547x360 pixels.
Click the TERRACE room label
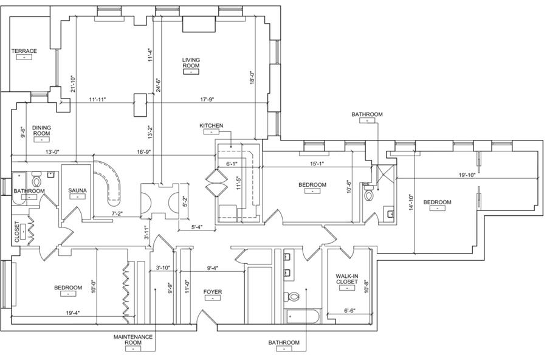pyautogui.click(x=24, y=51)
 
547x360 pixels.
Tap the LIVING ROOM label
pyautogui.click(x=191, y=63)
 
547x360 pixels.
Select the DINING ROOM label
pyautogui.click(x=41, y=130)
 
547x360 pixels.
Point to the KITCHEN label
pyautogui.click(x=211, y=126)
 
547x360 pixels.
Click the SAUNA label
pyautogui.click(x=77, y=191)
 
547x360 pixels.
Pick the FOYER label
pyautogui.click(x=212, y=292)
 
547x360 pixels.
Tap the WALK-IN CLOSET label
pyautogui.click(x=346, y=279)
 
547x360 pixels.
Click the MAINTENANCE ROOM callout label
pyautogui.click(x=133, y=339)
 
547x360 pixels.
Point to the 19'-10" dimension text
pyautogui.click(x=467, y=175)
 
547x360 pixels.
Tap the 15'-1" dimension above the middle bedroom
pyautogui.click(x=317, y=163)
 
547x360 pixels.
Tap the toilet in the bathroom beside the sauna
pyautogui.click(x=36, y=180)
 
